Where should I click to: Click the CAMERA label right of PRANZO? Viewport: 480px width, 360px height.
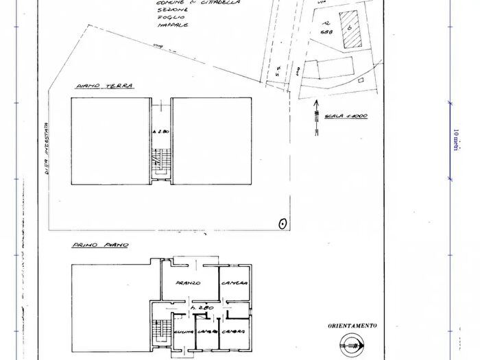(x=234, y=283)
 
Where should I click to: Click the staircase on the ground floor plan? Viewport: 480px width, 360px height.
(x=160, y=164)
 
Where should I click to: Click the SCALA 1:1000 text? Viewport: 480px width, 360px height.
(x=348, y=116)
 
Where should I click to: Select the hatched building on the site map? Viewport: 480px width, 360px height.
(x=350, y=29)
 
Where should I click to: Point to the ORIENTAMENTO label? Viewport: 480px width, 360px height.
(x=352, y=326)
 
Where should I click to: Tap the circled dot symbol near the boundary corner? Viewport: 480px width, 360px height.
(x=282, y=223)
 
